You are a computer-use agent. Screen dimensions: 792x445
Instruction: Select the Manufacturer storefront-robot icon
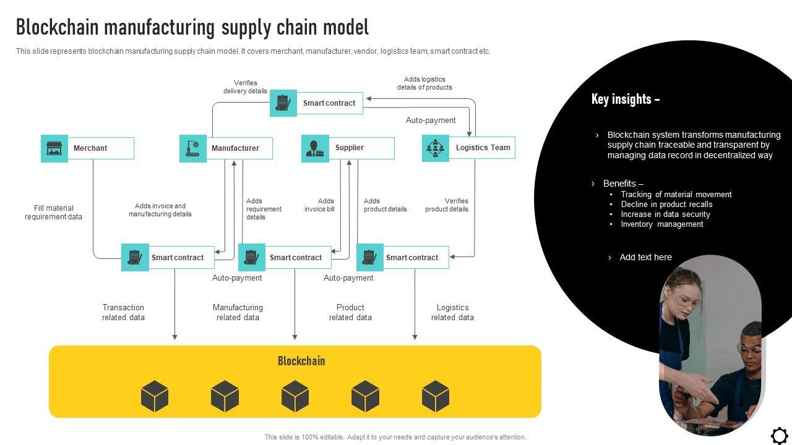click(192, 148)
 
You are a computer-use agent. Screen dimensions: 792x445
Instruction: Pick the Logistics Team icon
click(435, 148)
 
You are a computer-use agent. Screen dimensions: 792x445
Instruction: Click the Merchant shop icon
click(54, 148)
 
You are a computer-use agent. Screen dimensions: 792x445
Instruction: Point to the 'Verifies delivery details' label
click(245, 87)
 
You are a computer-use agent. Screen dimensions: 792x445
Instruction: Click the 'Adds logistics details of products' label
click(424, 83)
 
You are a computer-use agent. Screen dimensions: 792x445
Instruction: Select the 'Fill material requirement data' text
click(53, 212)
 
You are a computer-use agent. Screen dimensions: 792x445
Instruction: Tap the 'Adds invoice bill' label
click(319, 205)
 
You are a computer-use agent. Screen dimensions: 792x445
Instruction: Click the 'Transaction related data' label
click(123, 312)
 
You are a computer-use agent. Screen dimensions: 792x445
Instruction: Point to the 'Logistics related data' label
click(452, 312)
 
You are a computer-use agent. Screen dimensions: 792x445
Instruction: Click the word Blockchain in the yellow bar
click(301, 360)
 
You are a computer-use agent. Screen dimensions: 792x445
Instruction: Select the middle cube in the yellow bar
click(295, 396)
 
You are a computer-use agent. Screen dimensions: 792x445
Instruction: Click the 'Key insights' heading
click(626, 100)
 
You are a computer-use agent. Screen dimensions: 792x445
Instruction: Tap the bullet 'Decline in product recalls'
click(666, 204)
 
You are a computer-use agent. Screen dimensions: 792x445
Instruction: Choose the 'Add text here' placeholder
click(645, 257)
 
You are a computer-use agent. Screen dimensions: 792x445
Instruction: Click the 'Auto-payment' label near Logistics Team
click(430, 120)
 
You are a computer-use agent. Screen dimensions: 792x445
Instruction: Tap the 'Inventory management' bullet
click(662, 224)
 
